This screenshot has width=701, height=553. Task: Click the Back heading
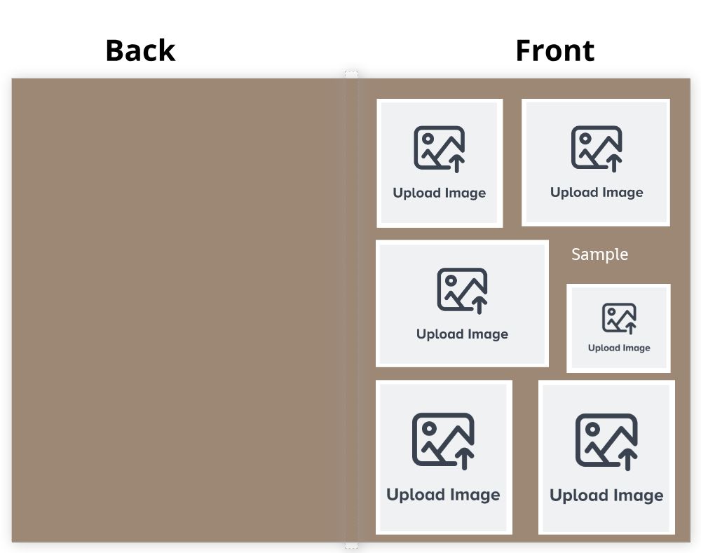140,50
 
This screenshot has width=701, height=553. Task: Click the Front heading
554,50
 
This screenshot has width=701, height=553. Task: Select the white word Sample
599,254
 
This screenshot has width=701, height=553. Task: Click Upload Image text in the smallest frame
619,348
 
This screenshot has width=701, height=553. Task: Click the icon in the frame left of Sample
462,291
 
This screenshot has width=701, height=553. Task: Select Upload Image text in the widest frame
462,334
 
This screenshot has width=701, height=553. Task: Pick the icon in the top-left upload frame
439,149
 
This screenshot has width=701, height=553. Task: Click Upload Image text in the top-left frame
439,193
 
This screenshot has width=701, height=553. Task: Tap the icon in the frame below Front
597,149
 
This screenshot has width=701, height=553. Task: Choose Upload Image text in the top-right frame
597,192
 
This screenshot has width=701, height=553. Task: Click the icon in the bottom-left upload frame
443,441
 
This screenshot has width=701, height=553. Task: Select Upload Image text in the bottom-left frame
443,494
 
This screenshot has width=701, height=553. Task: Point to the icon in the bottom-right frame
606,442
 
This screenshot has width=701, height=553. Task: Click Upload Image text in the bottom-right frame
606,496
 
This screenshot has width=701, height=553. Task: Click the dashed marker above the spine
351,74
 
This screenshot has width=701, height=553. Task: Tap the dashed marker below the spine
351,546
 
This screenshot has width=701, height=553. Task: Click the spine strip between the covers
351,310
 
